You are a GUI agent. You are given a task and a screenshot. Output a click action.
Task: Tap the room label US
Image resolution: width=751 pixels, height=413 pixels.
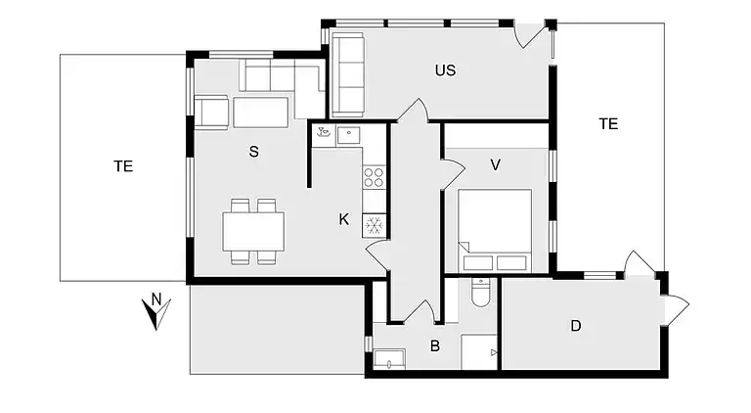click(446, 70)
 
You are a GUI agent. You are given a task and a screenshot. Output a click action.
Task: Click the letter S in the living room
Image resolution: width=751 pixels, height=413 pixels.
click(253, 151)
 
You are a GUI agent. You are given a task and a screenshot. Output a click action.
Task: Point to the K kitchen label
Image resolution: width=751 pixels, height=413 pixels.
click(344, 219)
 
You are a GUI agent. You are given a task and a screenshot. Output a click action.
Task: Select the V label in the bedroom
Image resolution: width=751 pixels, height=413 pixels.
click(496, 164)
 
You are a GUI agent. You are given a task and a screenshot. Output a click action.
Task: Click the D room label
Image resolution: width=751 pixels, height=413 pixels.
click(576, 325)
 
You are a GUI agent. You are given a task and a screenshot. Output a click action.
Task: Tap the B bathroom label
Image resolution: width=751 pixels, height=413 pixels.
click(435, 344)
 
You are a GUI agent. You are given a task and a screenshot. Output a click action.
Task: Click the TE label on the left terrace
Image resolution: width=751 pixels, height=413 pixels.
click(123, 166)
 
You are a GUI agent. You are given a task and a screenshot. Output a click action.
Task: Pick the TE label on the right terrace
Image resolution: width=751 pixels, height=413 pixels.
click(608, 123)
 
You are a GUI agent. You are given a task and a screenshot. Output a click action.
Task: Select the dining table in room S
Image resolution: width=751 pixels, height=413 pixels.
click(253, 232)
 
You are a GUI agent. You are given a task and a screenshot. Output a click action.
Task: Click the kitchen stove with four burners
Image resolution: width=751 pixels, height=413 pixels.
click(375, 177)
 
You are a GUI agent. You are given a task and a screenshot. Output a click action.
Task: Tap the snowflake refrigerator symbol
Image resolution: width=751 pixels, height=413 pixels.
click(375, 225)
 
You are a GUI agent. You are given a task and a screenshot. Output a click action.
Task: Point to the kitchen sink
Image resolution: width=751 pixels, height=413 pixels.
click(349, 135)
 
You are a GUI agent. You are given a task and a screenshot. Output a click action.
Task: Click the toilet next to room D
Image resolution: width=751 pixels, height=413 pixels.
click(479, 293)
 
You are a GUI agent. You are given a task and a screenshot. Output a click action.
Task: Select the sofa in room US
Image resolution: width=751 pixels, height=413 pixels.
click(349, 73)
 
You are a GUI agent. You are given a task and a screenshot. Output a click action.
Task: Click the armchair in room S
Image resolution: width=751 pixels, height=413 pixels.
click(212, 112)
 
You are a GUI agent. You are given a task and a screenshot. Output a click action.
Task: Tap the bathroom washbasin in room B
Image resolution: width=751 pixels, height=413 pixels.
click(389, 359)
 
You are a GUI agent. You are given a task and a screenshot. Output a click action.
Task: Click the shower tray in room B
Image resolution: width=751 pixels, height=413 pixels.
click(478, 352)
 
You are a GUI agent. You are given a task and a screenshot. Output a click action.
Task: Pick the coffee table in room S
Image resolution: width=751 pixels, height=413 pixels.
click(260, 113)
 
